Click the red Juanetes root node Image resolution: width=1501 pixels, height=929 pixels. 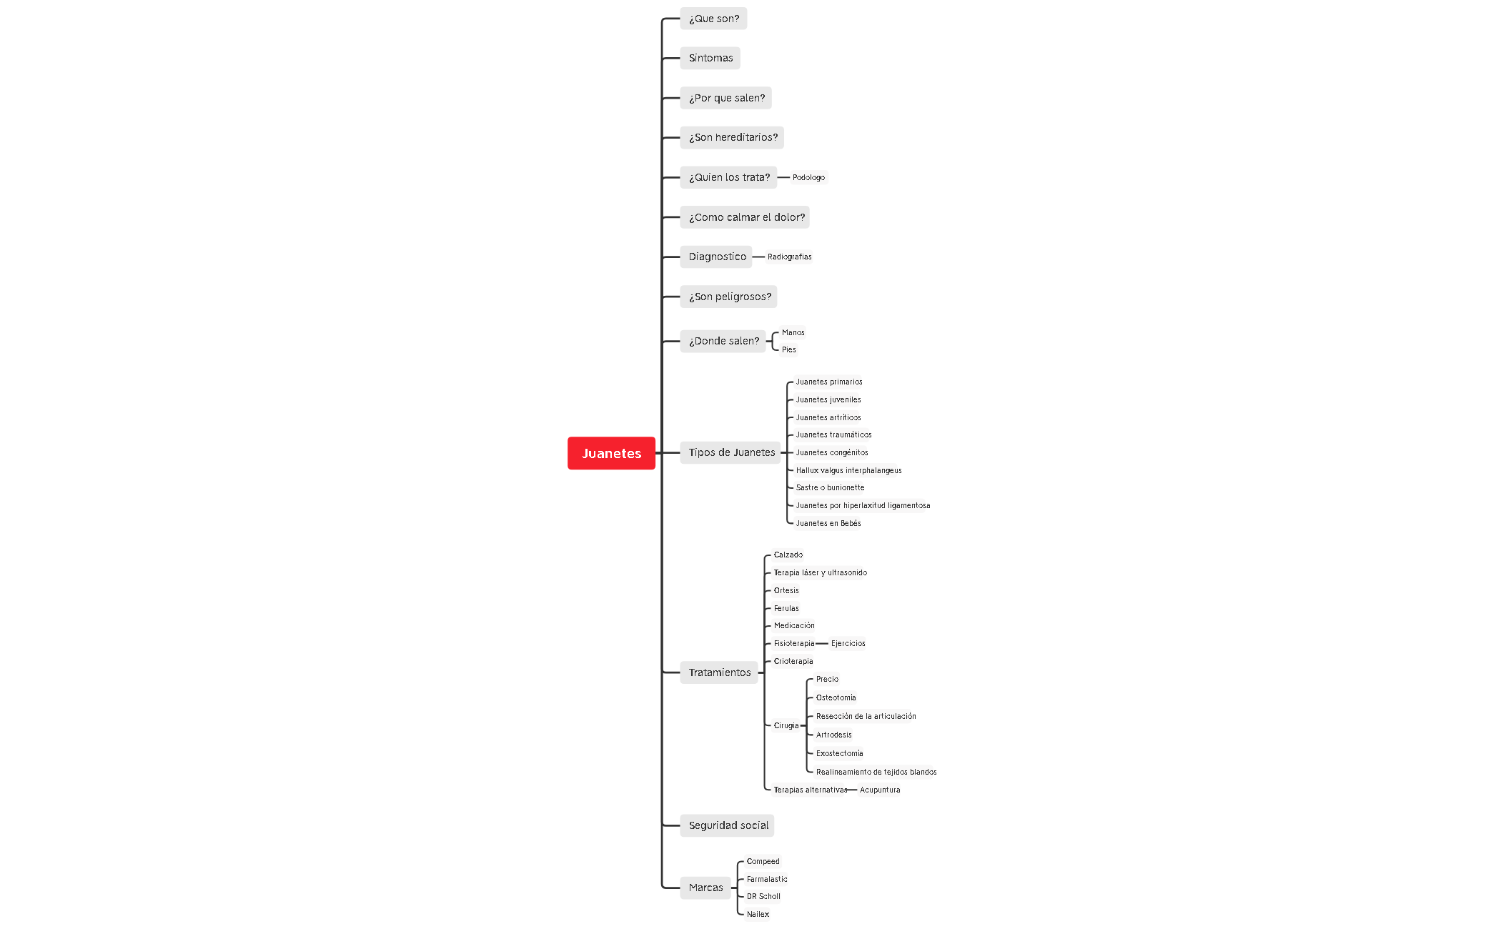click(x=611, y=453)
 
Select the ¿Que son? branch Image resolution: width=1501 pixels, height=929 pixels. click(x=713, y=19)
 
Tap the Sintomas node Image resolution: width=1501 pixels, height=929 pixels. click(x=710, y=58)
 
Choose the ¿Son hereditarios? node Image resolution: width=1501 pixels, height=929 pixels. click(x=732, y=137)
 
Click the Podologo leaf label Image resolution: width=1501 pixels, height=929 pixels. click(x=808, y=177)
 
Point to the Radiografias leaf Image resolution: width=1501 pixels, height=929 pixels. click(x=789, y=257)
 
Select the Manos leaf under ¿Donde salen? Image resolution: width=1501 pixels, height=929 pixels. click(x=793, y=332)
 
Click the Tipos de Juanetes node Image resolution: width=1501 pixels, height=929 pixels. click(x=730, y=452)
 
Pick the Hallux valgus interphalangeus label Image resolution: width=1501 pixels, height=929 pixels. click(x=848, y=470)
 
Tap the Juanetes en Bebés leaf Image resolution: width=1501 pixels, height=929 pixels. click(x=828, y=523)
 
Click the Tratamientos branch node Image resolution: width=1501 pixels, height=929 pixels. click(x=719, y=672)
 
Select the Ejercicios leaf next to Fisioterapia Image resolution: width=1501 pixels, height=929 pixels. click(x=848, y=643)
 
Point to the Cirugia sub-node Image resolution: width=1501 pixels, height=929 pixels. click(x=786, y=725)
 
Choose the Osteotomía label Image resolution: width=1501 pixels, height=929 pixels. click(x=836, y=697)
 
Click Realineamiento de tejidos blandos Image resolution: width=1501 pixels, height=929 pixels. click(x=876, y=772)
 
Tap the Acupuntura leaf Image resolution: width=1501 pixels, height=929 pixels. click(x=880, y=790)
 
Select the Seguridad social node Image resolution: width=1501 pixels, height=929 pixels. click(x=728, y=825)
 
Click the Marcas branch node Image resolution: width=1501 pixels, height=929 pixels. click(x=705, y=888)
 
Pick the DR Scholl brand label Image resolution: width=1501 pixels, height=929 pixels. click(x=763, y=896)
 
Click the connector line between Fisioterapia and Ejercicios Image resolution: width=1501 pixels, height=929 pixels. click(x=822, y=643)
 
